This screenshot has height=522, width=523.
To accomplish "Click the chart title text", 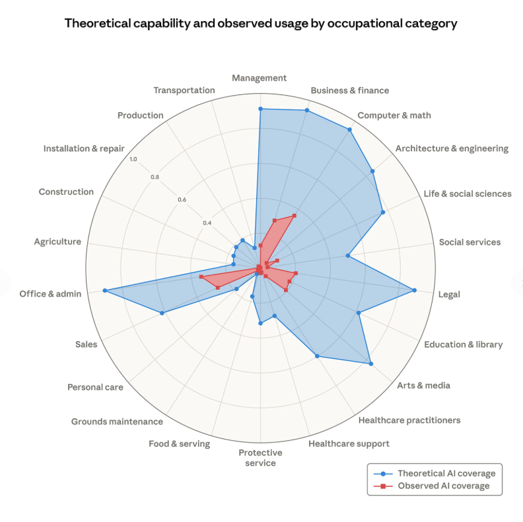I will coord(261,24).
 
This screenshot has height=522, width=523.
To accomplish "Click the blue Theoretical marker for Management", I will coord(260,109).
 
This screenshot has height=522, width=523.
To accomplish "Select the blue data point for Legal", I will coord(415,290).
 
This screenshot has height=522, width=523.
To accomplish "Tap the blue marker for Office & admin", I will coord(105,290).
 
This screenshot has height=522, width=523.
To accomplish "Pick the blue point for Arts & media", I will coord(370,364).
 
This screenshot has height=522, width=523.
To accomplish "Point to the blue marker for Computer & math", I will coord(349,129).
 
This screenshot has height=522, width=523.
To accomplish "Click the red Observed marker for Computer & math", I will coord(295,215).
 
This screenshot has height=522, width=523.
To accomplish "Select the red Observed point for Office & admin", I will coord(201,277).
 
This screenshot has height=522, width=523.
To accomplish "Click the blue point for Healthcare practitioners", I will coord(318,356).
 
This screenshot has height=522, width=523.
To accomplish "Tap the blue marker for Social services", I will coord(347,256).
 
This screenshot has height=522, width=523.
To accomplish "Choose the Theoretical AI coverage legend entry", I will coord(436,473).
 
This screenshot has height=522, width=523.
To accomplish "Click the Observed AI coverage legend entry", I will coord(436,486).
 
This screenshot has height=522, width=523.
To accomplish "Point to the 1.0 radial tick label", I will coord(133,159).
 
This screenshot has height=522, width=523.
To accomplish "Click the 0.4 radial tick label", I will coord(207,222).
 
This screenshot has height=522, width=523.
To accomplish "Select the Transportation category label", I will coord(184,90).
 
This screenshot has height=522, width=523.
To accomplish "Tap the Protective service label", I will coord(260,457).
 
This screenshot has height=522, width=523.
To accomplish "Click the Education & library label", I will coord(463,344).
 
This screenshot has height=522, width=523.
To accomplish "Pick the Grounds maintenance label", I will coord(117,422).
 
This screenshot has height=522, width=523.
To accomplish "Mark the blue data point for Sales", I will coord(162,313).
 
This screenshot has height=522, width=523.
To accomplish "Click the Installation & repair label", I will coord(84,148).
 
